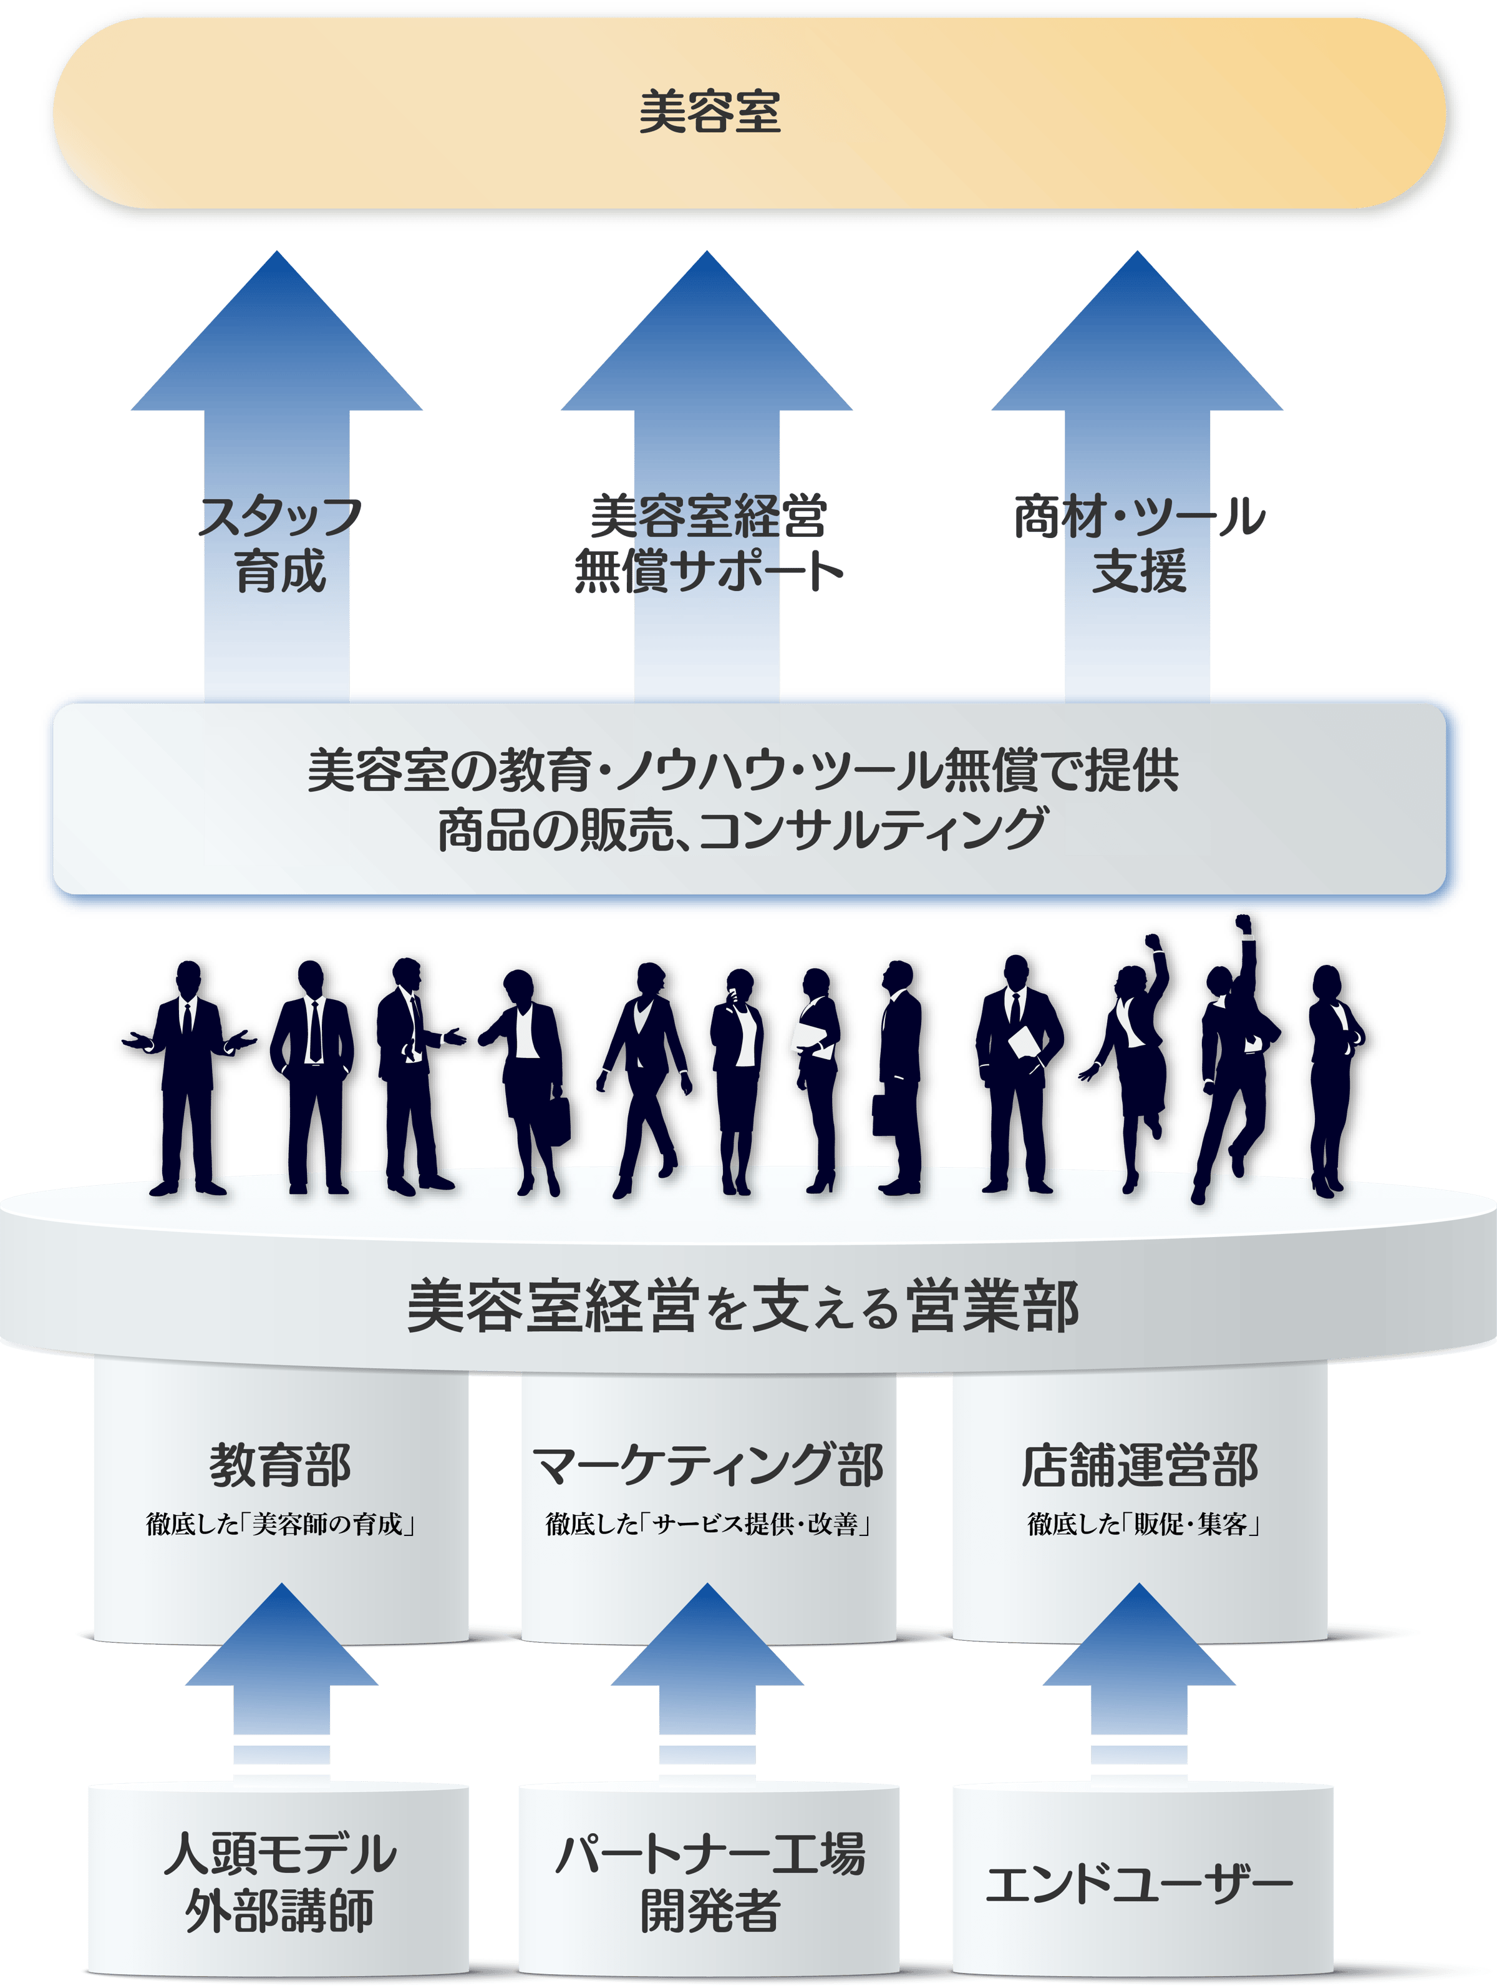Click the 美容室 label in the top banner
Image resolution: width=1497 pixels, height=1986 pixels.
(x=709, y=112)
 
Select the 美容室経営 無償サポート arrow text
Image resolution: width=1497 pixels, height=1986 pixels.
(x=708, y=544)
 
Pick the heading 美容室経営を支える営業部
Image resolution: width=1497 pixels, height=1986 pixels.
(x=742, y=1306)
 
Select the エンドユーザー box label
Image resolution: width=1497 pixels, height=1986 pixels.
(x=1139, y=1883)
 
